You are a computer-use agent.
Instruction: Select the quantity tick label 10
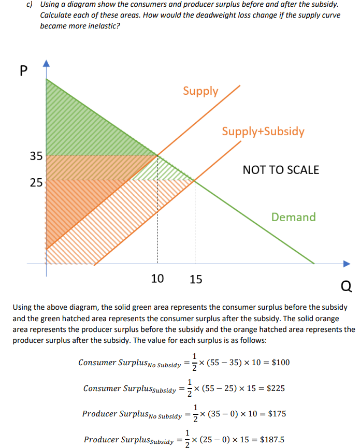(x=157, y=279)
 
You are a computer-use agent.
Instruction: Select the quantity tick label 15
(x=196, y=280)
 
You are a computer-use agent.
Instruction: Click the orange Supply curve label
(x=200, y=91)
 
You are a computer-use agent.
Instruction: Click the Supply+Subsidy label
(x=263, y=131)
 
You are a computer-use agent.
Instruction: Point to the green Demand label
(x=293, y=217)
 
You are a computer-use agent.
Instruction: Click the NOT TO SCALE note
(x=281, y=169)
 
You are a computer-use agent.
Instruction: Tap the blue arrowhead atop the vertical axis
(x=46, y=65)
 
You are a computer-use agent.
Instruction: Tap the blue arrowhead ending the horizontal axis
(x=346, y=264)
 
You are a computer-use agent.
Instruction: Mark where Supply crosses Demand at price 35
(x=157, y=155)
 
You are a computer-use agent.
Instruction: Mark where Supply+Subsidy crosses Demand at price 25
(x=195, y=180)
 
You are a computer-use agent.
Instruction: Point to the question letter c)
(x=30, y=5)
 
